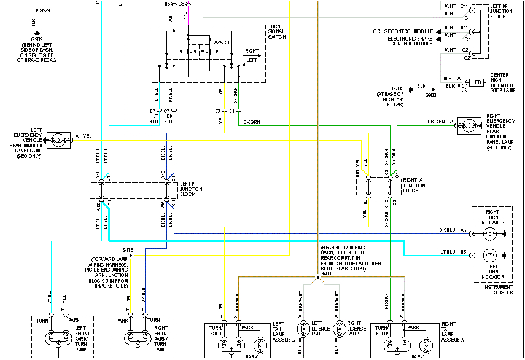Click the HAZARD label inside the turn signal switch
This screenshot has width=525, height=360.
point(220,42)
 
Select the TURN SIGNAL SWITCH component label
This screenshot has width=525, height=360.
point(277,32)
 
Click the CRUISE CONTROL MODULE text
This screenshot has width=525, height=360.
point(402,31)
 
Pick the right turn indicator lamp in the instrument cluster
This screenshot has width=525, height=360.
point(489,233)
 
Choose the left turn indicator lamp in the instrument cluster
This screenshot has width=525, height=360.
point(489,254)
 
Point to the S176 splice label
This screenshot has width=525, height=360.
point(128,251)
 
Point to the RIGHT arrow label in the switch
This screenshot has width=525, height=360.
point(251,51)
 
